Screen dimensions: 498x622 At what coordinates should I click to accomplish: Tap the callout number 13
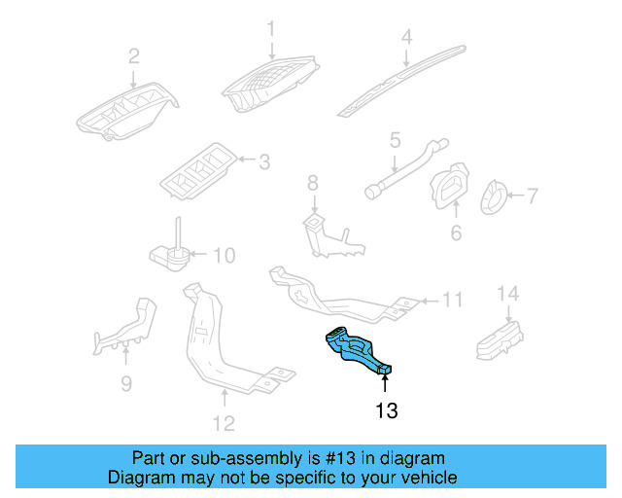[x=386, y=411]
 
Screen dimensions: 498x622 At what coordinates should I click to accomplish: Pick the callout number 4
[x=407, y=38]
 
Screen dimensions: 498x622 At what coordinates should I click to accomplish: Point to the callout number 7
[x=532, y=196]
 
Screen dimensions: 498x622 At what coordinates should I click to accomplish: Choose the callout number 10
[x=224, y=256]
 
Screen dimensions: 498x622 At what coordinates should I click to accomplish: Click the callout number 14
[x=508, y=293]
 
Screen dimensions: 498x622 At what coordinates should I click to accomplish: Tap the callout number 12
[x=224, y=423]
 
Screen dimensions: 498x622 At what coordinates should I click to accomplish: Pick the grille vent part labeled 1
[x=267, y=86]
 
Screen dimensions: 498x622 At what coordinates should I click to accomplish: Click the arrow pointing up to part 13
[x=386, y=382]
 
